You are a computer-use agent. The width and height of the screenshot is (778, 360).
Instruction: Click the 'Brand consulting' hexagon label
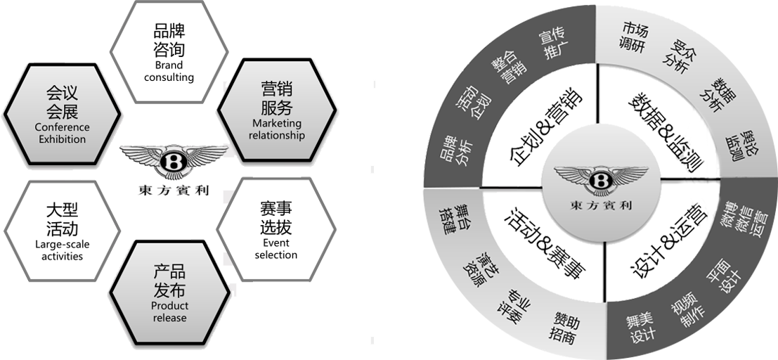pyautogui.click(x=169, y=71)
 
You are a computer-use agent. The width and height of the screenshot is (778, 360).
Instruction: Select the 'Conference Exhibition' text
pyautogui.click(x=62, y=133)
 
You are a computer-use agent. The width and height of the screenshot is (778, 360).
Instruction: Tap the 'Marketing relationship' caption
pyautogui.click(x=277, y=129)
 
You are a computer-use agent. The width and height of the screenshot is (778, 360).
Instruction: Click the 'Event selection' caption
pyautogui.click(x=275, y=248)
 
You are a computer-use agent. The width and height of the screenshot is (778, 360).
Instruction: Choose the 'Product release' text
pyautogui.click(x=169, y=311)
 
